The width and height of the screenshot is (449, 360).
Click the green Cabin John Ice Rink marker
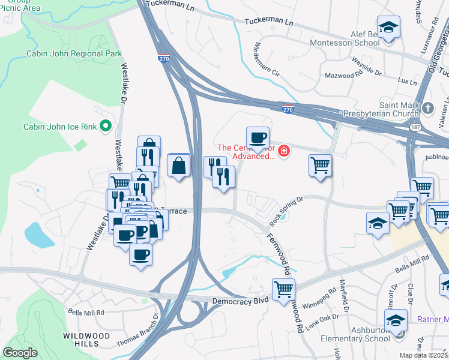point(106,126)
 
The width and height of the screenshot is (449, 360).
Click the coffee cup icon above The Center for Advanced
point(258,138)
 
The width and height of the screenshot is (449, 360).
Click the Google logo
point(20,352)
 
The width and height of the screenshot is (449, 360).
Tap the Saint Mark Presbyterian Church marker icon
point(427,108)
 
